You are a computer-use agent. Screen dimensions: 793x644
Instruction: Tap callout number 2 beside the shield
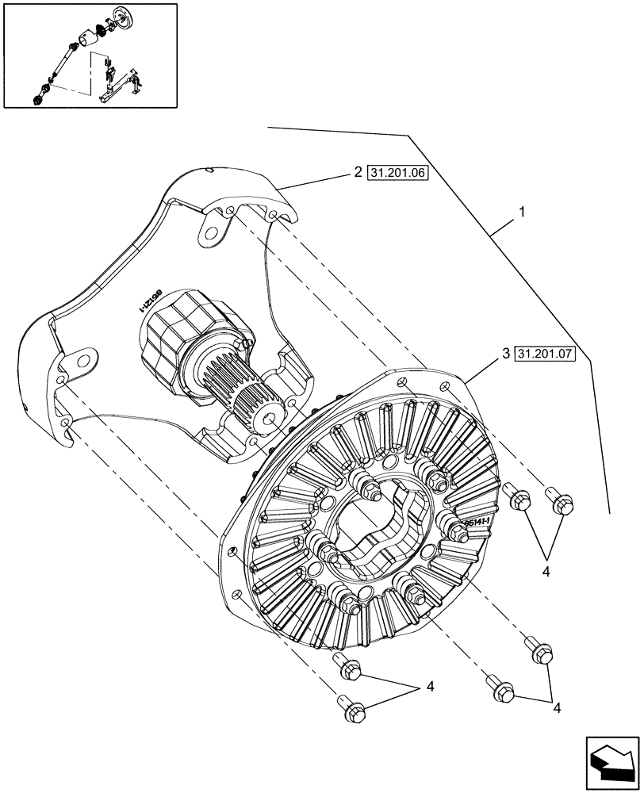pos(358,172)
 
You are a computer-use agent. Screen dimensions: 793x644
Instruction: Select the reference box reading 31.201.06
pos(397,172)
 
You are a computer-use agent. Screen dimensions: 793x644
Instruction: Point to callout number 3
pos(504,357)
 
